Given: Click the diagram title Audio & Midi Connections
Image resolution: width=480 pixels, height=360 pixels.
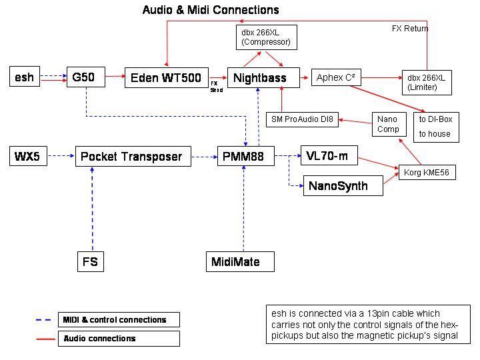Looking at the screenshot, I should (211, 10).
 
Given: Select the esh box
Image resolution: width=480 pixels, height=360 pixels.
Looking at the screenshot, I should (25, 77).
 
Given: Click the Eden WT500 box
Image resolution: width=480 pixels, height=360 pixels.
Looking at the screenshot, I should (167, 78).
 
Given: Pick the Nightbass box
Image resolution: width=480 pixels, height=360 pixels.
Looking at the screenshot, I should (259, 78).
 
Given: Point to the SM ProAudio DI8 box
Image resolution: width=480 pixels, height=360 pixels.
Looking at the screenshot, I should (302, 120).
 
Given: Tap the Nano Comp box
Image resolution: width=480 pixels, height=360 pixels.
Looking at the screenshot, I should (388, 125).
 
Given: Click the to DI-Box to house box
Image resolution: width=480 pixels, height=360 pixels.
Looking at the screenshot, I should (435, 126).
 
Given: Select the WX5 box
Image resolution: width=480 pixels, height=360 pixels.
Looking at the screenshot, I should (29, 157).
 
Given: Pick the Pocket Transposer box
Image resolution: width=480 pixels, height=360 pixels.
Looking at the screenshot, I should (132, 157).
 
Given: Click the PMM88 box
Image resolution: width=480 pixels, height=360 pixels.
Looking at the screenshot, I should (245, 157).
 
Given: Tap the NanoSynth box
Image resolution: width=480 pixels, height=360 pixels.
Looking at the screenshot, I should (343, 186).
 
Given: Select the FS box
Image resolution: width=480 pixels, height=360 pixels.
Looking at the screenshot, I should (91, 261).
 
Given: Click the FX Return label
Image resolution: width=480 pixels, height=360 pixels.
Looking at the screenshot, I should (410, 29).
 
